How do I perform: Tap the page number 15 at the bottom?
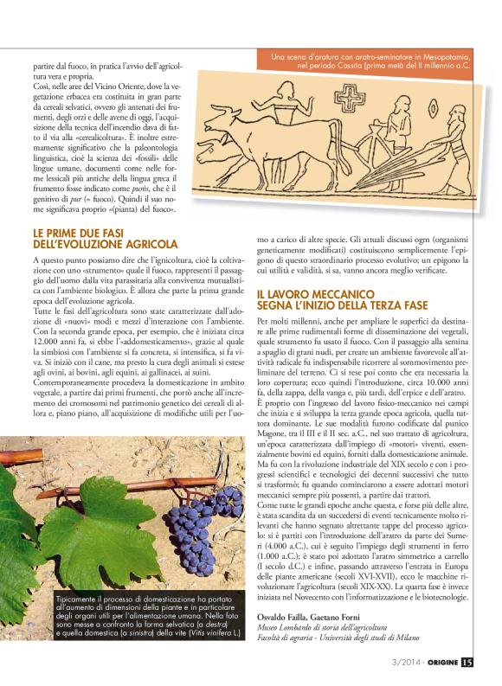[467, 664]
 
